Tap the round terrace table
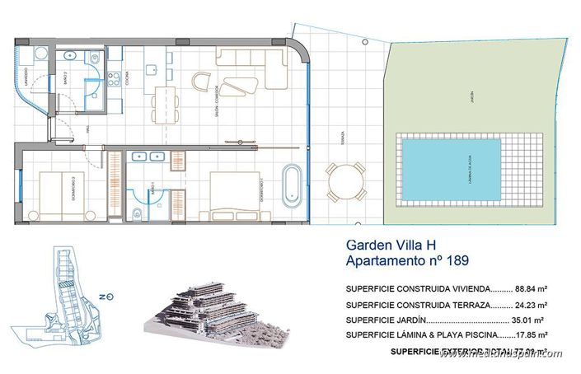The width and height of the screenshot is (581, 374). pyautogui.click(x=344, y=181)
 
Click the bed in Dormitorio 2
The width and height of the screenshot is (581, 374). pyautogui.click(x=59, y=194)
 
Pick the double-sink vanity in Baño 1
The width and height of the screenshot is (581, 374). pyautogui.click(x=148, y=157)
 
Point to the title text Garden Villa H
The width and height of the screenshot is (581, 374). pyautogui.click(x=396, y=245)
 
